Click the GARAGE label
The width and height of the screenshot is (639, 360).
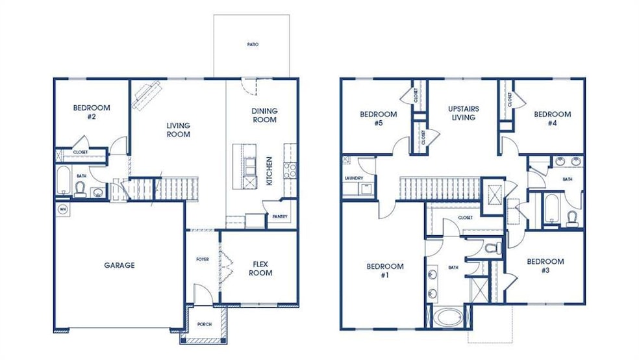119,265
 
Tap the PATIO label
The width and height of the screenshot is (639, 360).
253,45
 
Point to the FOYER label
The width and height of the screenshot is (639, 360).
203,259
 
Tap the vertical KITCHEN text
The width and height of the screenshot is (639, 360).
269,171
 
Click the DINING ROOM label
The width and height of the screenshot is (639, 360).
264,115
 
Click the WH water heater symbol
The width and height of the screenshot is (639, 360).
64,209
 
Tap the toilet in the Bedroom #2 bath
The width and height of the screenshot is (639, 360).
81,189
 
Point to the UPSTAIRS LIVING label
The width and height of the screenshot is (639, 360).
464,113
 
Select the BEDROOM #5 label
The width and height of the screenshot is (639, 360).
378,118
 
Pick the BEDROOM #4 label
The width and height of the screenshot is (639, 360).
552,118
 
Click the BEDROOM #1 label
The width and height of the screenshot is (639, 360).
384,270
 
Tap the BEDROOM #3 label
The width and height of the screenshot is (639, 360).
545,266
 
